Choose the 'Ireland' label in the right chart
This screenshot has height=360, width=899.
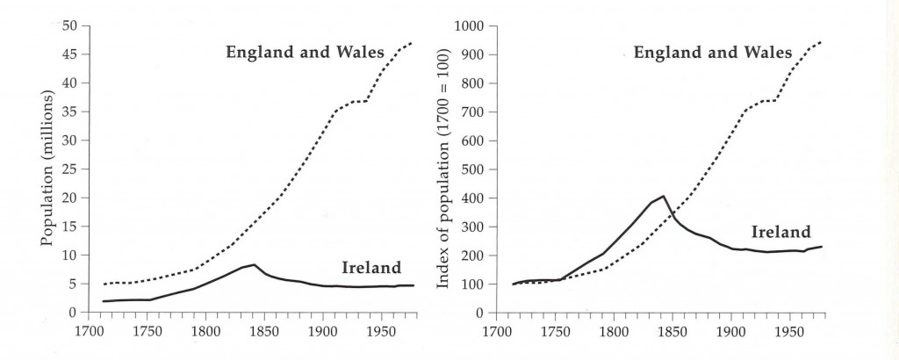780,233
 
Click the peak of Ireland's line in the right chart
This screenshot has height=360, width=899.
664,196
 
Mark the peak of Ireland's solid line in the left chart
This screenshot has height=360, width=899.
254,264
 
